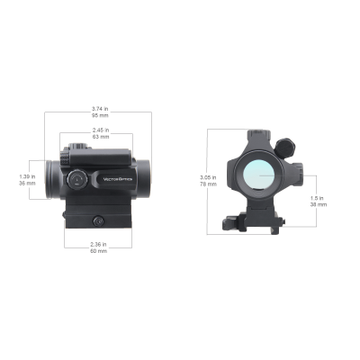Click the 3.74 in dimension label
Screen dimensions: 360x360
coord(100,109)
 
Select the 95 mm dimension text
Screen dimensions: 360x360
coord(100,115)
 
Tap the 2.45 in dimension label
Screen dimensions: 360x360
coord(101,130)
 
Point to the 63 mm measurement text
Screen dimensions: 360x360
coord(101,137)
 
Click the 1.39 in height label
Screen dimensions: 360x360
coord(27,176)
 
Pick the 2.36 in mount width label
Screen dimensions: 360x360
coord(98,245)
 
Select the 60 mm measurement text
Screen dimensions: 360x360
coord(98,251)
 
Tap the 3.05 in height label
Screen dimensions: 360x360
coord(208,177)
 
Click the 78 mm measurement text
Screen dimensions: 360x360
coord(208,184)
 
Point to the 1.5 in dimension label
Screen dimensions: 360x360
coord(317,198)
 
